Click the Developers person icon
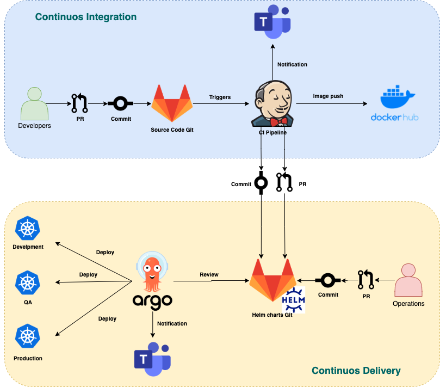pyautogui.click(x=33, y=104)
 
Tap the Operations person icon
pyautogui.click(x=408, y=280)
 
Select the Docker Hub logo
pyautogui.click(x=395, y=103)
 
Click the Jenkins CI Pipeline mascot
pyautogui.click(x=272, y=103)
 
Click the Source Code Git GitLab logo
pyautogui.click(x=171, y=103)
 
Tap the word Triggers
pyautogui.click(x=220, y=97)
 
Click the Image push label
pyautogui.click(x=328, y=96)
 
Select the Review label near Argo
pyautogui.click(x=209, y=274)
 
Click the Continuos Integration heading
pyautogui.click(x=86, y=17)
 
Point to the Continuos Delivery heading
pyautogui.click(x=356, y=371)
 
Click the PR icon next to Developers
pyautogui.click(x=79, y=102)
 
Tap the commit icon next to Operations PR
pyautogui.click(x=327, y=280)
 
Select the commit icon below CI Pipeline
pyautogui.click(x=261, y=183)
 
